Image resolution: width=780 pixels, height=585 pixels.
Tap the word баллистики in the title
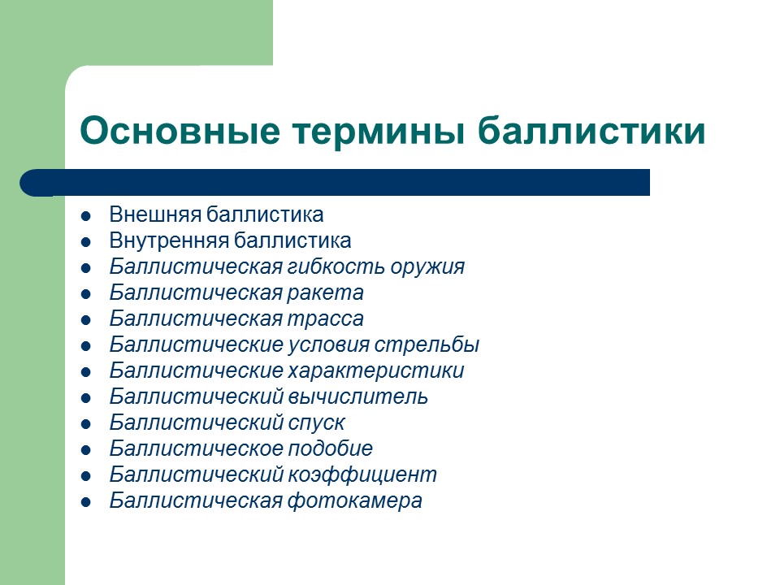[591, 131]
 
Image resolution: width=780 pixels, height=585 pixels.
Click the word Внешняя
[155, 215]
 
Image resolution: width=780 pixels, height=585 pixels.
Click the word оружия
[427, 267]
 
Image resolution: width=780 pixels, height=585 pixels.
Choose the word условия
[329, 345]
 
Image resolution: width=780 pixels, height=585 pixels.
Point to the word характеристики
[376, 371]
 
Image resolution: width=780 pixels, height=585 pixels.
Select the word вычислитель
[357, 397]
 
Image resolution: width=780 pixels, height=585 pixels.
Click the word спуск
[316, 423]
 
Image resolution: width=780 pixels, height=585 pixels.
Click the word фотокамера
[355, 501]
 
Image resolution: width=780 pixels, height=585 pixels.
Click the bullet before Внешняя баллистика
[85, 216]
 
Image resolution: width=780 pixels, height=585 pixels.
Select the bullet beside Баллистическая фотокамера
[85, 502]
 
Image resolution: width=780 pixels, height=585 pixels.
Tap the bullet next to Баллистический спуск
[85, 424]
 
